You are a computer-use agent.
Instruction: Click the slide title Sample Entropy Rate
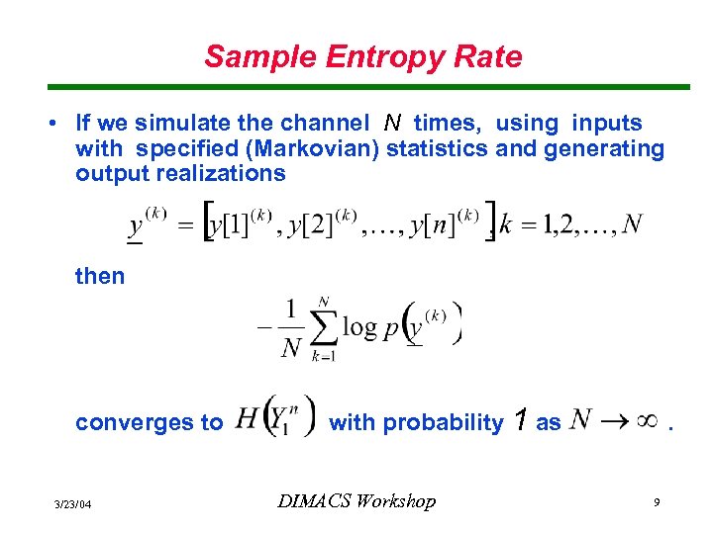pos(362,56)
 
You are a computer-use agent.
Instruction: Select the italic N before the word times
pos(392,124)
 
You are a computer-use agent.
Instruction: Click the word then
pos(100,276)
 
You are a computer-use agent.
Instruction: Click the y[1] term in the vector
pos(229,227)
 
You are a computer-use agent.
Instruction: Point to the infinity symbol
pos(647,421)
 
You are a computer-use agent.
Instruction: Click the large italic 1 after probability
pos(520,421)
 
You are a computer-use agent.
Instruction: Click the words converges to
pos(150,423)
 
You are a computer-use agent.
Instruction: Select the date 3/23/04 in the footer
pos(72,504)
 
